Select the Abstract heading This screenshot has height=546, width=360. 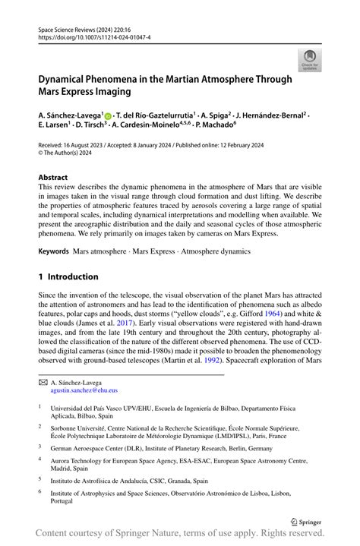pyautogui.click(x=58, y=176)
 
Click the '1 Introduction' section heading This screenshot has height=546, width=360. pyautogui.click(x=68, y=276)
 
